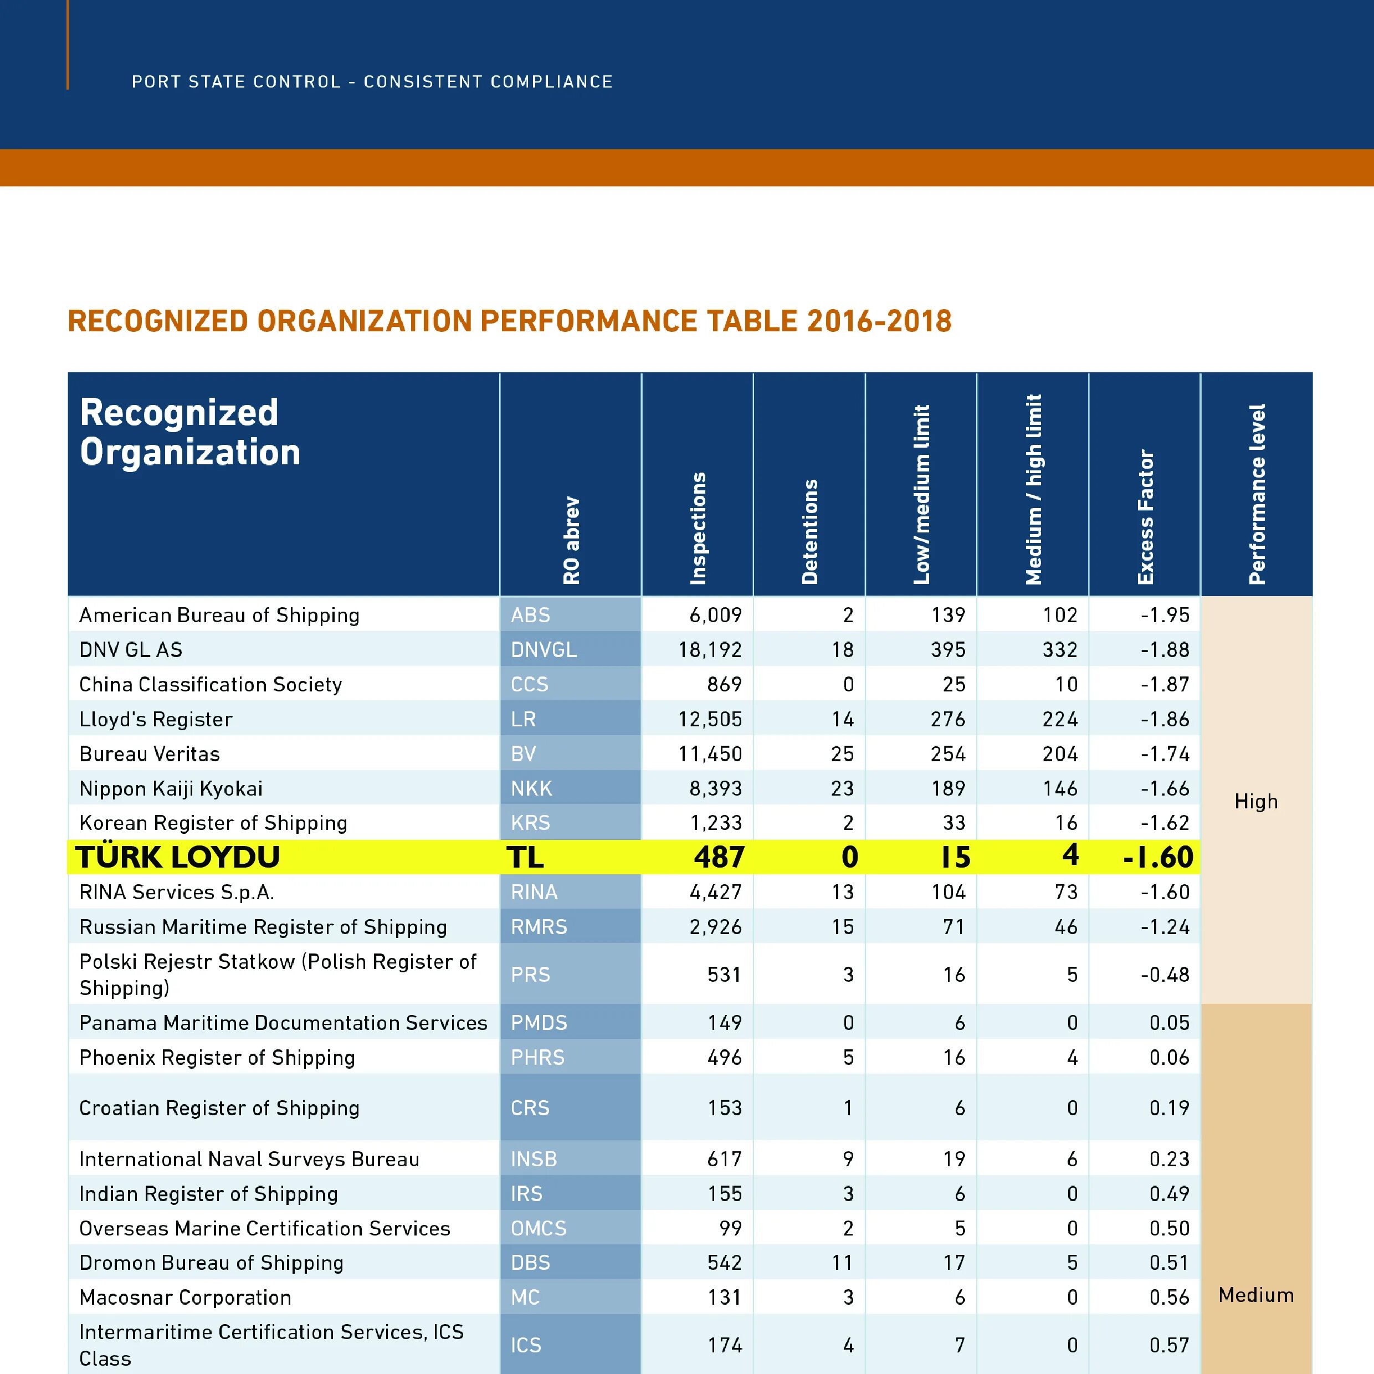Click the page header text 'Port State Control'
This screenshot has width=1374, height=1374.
(236, 82)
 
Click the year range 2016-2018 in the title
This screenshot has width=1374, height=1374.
(879, 321)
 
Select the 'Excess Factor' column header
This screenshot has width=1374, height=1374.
(1145, 517)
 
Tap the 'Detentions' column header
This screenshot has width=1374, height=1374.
(810, 532)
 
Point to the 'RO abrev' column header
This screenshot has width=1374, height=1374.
(571, 541)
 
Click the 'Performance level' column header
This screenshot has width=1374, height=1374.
(1257, 494)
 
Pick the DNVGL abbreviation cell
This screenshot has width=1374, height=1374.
(544, 649)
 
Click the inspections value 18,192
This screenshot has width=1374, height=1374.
(709, 649)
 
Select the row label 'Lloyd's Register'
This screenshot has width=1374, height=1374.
(156, 719)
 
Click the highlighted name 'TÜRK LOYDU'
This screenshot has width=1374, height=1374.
(178, 857)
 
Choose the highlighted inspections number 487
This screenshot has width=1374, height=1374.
(719, 857)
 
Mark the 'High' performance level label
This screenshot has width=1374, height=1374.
(1256, 802)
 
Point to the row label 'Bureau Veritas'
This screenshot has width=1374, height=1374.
(150, 754)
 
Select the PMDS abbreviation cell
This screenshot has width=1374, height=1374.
(539, 1023)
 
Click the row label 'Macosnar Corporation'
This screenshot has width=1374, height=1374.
(185, 1297)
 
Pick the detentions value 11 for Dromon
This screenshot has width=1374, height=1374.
(842, 1262)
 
